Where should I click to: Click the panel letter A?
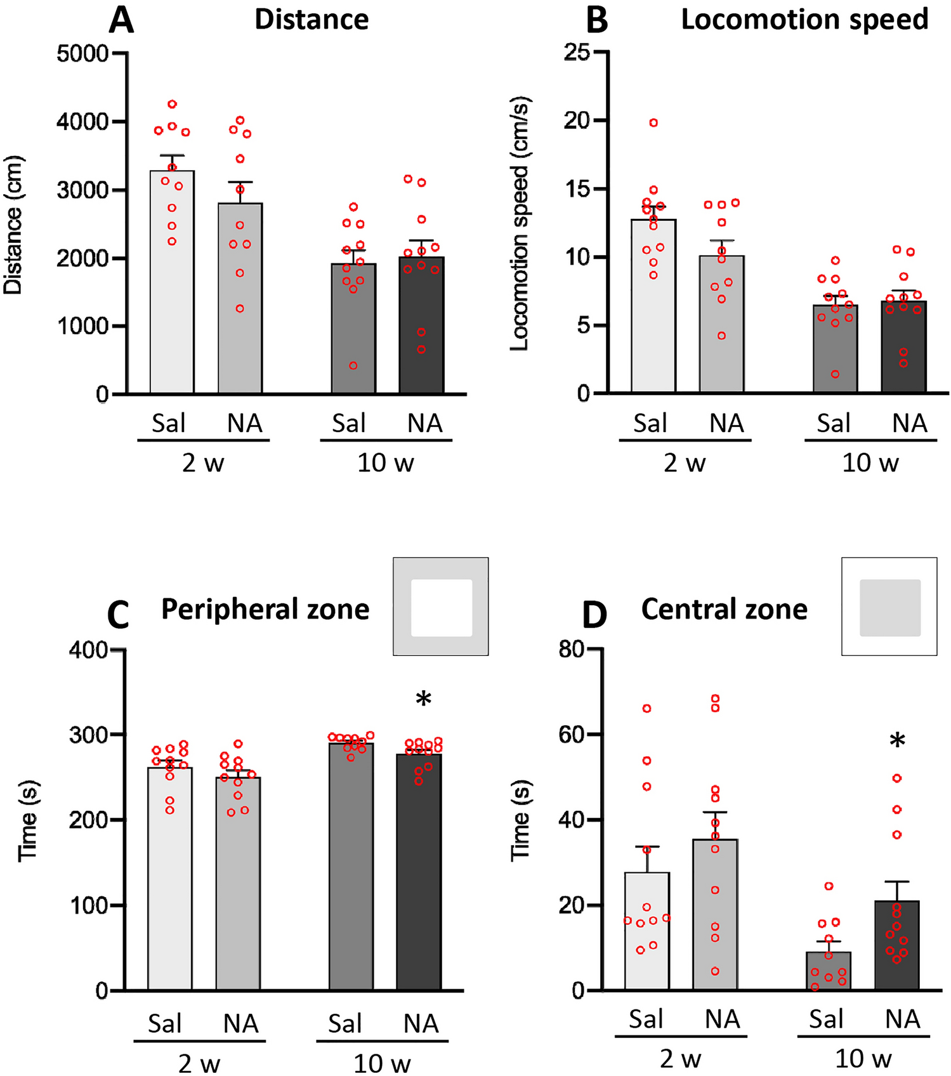pyautogui.click(x=121, y=20)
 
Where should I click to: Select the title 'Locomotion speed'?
pyautogui.click(x=804, y=20)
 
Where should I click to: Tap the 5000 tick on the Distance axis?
pyautogui.click(x=82, y=53)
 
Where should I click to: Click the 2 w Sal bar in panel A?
pyautogui.click(x=172, y=285)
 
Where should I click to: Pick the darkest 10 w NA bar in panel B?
pyautogui.click(x=903, y=349)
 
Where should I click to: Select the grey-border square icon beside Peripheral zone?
pyautogui.click(x=441, y=607)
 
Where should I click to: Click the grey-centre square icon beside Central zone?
pyautogui.click(x=889, y=607)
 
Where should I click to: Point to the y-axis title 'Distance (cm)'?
pyautogui.click(x=14, y=225)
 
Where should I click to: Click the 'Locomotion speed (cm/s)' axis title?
pyautogui.click(x=520, y=223)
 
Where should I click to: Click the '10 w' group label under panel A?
pyautogui.click(x=385, y=463)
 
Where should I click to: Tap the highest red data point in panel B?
pyautogui.click(x=653, y=122)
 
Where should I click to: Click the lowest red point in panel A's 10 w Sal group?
pyautogui.click(x=353, y=365)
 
